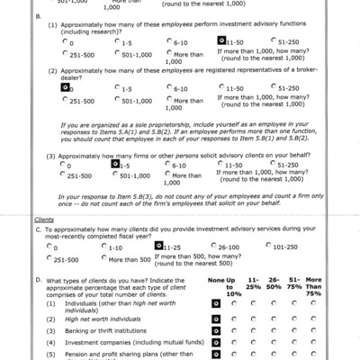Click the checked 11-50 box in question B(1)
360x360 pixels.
pyautogui.click(x=221, y=40)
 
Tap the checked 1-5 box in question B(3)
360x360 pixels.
pyautogui.click(x=114, y=164)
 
